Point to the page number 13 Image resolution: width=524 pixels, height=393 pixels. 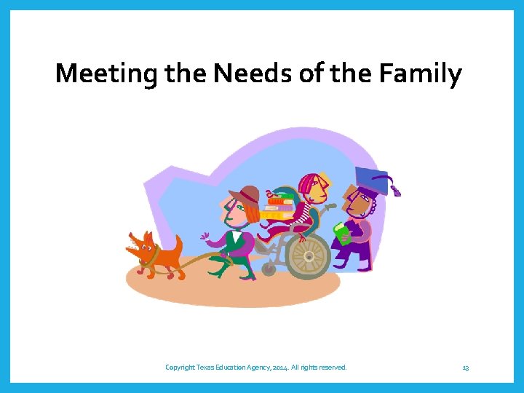(x=465, y=368)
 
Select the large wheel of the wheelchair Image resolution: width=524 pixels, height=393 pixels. (x=309, y=255)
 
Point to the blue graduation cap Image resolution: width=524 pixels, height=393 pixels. (x=371, y=178)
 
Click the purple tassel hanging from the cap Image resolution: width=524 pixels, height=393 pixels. (x=396, y=191)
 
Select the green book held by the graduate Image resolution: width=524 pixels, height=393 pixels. (x=341, y=234)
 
